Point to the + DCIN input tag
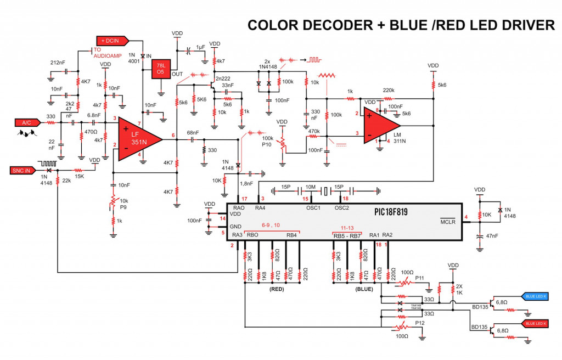pos(113,40)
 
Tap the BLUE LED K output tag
pos(536,296)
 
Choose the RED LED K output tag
pos(536,324)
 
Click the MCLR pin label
pos(448,222)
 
